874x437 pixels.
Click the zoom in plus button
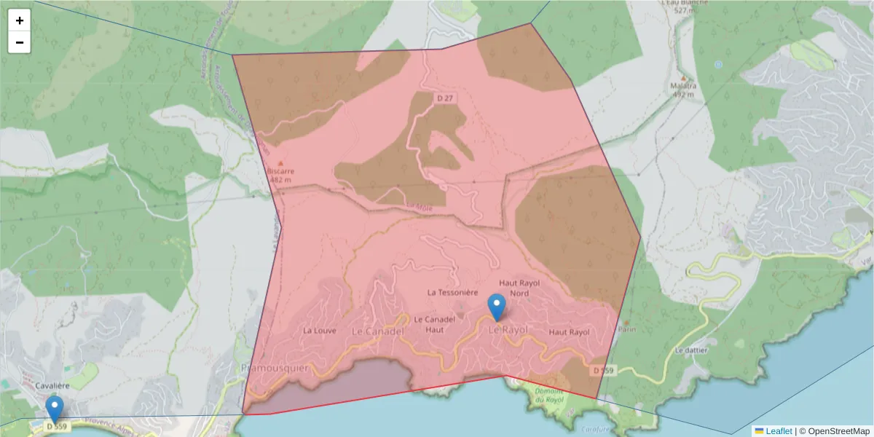click(x=20, y=20)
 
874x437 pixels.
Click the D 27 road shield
click(x=445, y=98)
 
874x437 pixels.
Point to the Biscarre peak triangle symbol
click(x=281, y=163)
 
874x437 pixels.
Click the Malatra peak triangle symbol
click(x=682, y=77)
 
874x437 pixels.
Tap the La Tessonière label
click(x=452, y=292)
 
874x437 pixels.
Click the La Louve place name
click(x=319, y=330)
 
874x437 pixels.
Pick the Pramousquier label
click(x=275, y=369)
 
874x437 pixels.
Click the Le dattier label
click(x=691, y=350)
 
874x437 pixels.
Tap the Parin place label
click(x=627, y=328)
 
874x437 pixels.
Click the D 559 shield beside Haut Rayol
click(x=603, y=370)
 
